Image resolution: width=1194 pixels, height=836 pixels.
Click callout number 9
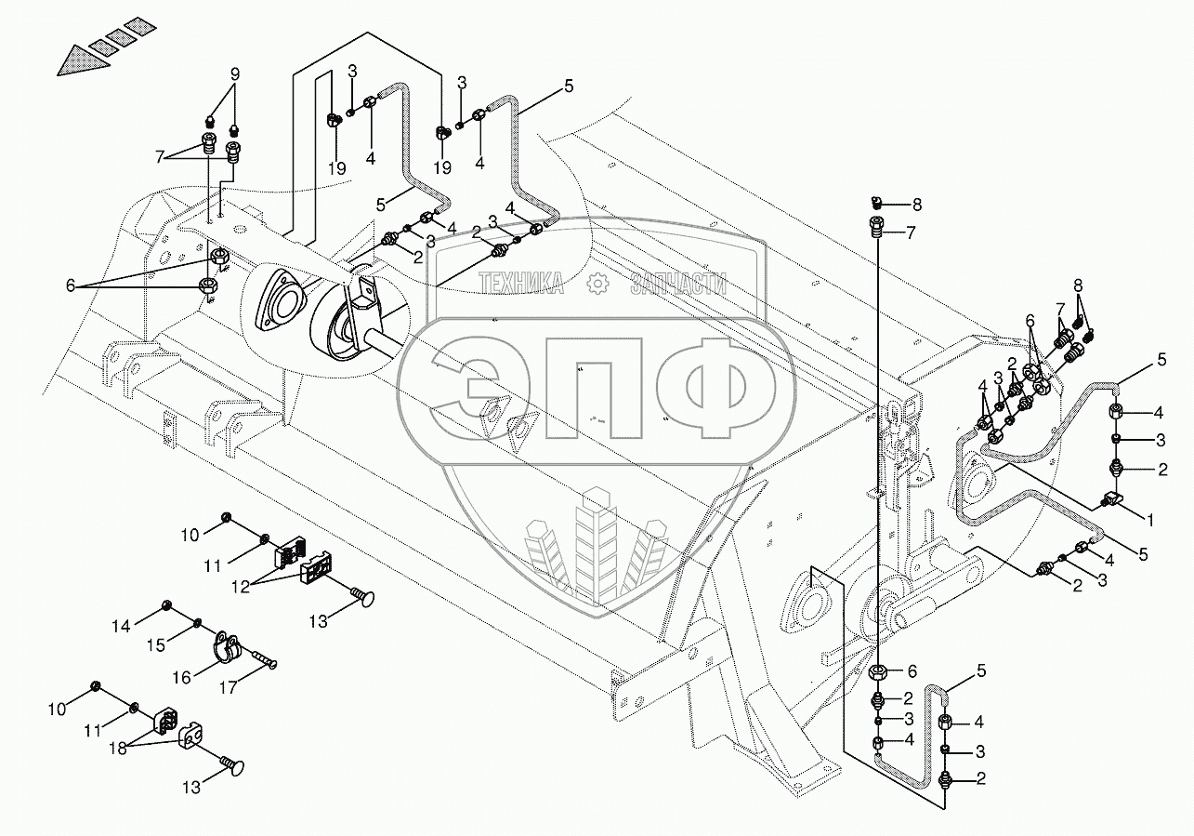[234, 73]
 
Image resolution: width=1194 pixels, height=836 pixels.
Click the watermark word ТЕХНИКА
[521, 284]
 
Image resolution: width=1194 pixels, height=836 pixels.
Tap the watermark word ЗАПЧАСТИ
[677, 284]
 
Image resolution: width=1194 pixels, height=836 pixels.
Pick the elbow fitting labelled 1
[1112, 501]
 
